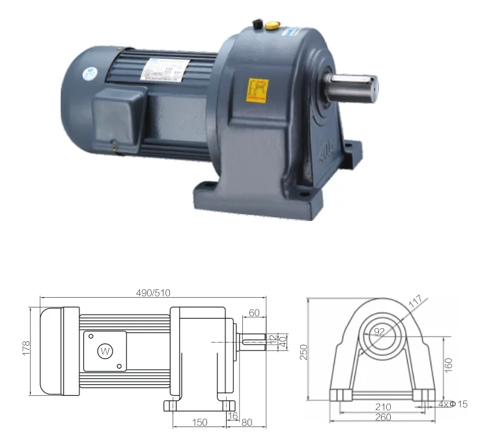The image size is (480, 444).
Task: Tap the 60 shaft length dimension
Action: tap(254, 313)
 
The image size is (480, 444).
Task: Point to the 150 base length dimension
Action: tap(199, 423)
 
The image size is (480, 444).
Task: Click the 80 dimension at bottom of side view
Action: tap(246, 423)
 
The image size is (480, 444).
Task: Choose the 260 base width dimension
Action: tap(383, 417)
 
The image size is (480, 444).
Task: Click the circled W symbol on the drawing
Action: tap(104, 351)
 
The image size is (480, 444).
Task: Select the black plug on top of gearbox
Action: tap(257, 25)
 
